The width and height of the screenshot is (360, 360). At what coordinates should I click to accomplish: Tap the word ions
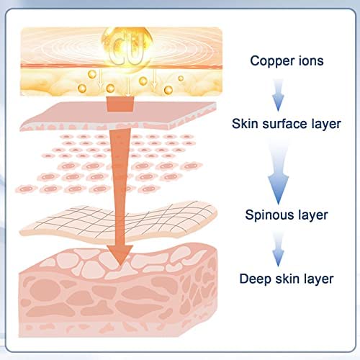click(311, 60)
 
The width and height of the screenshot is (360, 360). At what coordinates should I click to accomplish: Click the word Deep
click(256, 279)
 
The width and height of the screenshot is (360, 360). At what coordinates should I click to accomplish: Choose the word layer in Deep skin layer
click(318, 279)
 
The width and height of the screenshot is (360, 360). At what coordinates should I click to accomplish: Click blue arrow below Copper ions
click(278, 95)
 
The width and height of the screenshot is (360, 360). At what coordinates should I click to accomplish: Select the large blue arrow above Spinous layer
click(279, 174)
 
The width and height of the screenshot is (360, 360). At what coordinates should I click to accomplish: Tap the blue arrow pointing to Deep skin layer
click(278, 250)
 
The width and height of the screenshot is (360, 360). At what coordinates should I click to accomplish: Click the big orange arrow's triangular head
click(120, 254)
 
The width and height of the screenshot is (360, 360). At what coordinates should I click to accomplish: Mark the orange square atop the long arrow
click(120, 104)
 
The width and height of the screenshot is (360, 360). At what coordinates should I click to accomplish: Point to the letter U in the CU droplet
click(136, 50)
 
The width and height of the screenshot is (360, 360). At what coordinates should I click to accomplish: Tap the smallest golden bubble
click(181, 78)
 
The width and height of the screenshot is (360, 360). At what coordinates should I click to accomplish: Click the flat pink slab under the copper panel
click(118, 116)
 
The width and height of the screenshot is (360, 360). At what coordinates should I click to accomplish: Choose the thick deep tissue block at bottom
click(118, 292)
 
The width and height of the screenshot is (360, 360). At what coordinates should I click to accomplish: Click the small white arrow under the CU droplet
click(128, 86)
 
